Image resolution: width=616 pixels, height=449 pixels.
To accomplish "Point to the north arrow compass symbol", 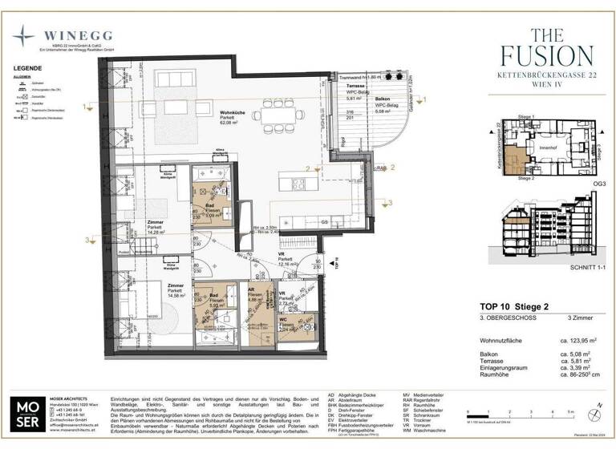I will point(598,406).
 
